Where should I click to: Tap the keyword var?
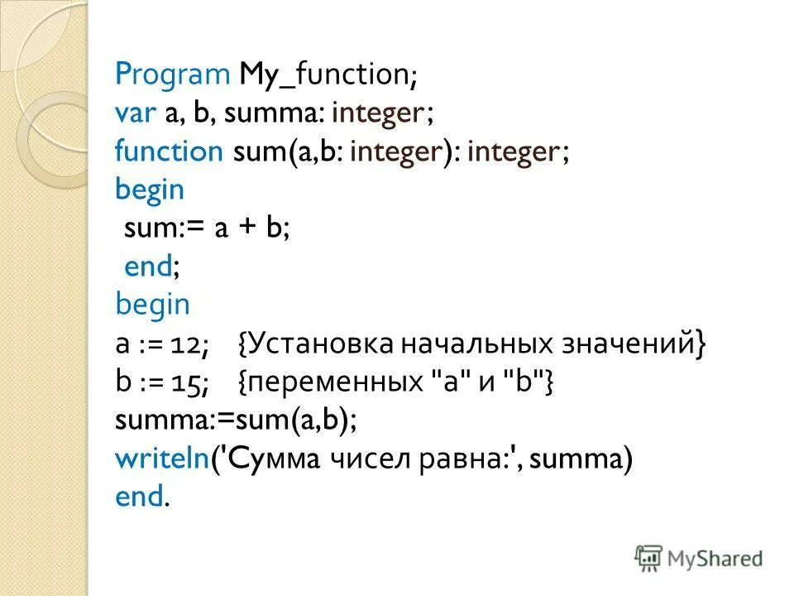[x=136, y=113]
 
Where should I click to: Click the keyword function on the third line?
[x=170, y=151]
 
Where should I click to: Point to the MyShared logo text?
[x=716, y=559]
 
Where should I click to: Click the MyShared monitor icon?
[x=649, y=557]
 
